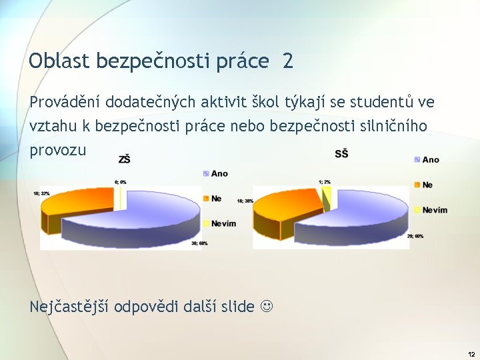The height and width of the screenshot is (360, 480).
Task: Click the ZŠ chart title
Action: [124, 159]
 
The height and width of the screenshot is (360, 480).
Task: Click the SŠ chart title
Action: [341, 154]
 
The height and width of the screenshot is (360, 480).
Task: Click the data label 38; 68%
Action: [199, 243]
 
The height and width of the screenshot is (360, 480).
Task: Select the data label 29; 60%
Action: [415, 237]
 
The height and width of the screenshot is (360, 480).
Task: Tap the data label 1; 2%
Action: [325, 182]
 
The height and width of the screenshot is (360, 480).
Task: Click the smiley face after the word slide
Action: [267, 307]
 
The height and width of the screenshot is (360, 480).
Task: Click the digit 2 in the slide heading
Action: [287, 61]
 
